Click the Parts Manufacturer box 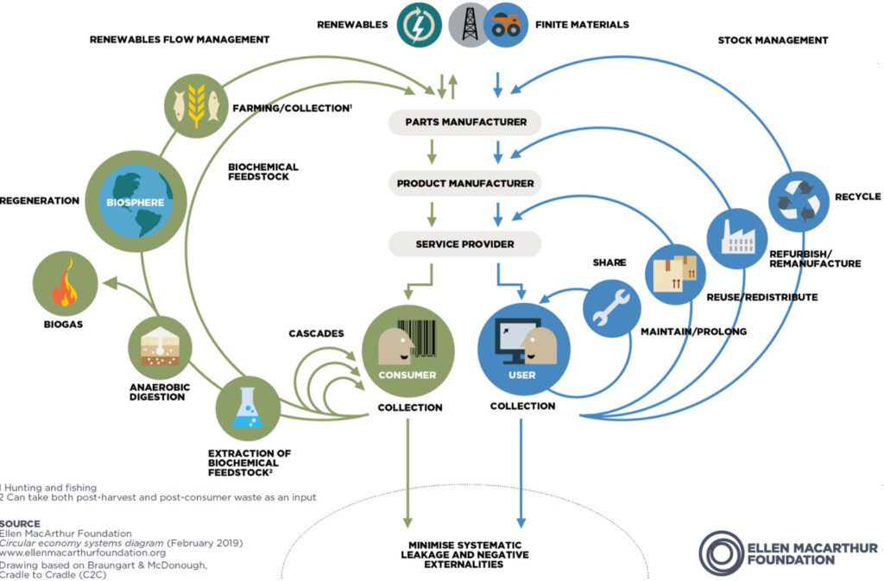pos(465,122)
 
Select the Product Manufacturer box pos(465,183)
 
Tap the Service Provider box pos(464,244)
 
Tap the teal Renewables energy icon pos(420,25)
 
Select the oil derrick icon pos(469,25)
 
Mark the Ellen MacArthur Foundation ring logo pos(721,553)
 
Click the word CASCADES pos(315,333)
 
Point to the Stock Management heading pos(773,40)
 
